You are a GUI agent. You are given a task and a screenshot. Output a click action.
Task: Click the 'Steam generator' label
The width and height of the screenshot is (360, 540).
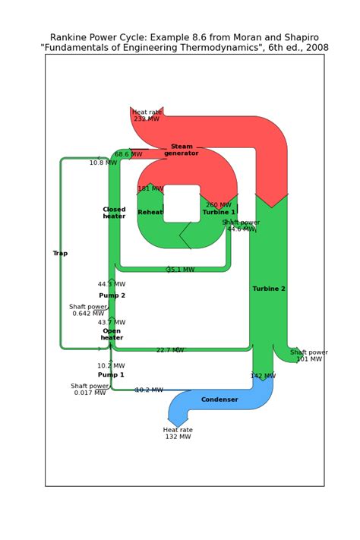tap(182, 150)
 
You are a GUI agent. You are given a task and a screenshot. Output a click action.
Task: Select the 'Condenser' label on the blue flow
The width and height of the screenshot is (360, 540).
tap(219, 399)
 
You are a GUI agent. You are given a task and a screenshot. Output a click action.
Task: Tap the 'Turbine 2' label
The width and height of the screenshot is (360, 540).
tap(269, 289)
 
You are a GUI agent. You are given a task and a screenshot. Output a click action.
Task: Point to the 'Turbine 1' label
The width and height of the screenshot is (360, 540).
tap(219, 213)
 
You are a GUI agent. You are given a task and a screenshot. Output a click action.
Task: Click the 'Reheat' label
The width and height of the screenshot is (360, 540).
tap(150, 213)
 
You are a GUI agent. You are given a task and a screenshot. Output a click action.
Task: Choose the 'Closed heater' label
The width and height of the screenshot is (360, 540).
tap(114, 213)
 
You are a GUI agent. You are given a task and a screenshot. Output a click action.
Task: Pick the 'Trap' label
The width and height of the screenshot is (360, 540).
tap(60, 254)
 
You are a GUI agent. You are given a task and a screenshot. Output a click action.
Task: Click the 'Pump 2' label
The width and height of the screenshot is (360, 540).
tap(112, 295)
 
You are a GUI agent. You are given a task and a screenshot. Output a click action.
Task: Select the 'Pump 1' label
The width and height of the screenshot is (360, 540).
tap(111, 375)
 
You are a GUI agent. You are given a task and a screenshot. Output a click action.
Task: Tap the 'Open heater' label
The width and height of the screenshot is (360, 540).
tap(112, 335)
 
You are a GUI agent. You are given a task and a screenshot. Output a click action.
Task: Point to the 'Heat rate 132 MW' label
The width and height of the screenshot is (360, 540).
tap(178, 433)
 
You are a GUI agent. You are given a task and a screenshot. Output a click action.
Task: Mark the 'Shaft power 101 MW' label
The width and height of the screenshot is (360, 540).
tap(309, 355)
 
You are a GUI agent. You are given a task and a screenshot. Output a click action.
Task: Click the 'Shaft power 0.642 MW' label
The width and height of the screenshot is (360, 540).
tap(88, 310)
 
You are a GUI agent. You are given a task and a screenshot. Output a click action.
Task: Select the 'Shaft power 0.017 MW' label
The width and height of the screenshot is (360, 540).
tap(90, 389)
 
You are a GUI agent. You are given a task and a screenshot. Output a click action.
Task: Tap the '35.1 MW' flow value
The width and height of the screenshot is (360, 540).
tap(181, 270)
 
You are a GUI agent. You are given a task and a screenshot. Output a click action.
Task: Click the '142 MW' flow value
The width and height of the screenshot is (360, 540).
tap(263, 376)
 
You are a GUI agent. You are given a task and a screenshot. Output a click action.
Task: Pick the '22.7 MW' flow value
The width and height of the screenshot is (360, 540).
tap(170, 350)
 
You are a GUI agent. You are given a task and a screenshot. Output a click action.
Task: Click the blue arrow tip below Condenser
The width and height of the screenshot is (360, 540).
tap(178, 422)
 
